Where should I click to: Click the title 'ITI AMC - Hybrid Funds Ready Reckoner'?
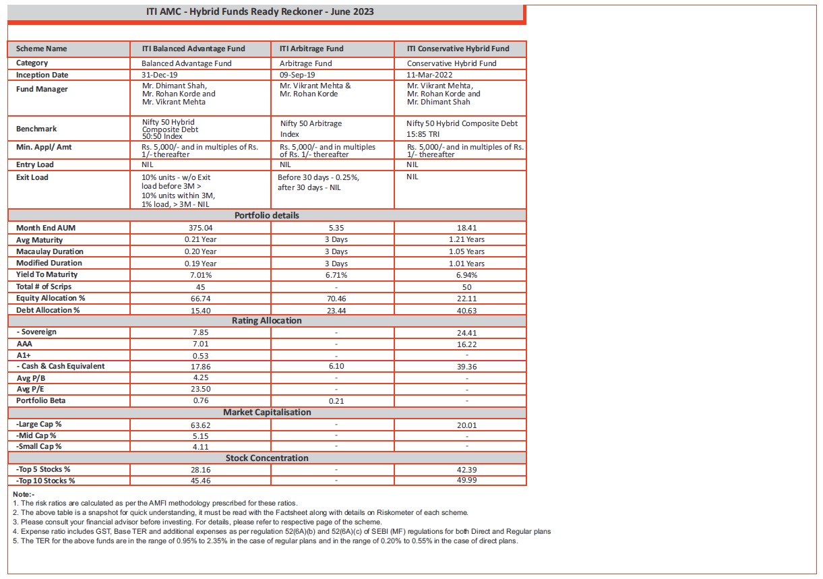click(260, 11)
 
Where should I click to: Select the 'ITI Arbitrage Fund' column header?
click(311, 49)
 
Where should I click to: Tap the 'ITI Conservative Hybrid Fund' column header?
click(458, 49)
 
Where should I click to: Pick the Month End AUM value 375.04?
click(200, 228)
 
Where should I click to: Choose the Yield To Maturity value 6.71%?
click(336, 275)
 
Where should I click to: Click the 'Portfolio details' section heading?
click(267, 216)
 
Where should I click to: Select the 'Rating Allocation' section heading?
click(267, 321)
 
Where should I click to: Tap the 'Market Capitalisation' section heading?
click(267, 412)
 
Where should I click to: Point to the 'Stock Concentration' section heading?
click(267, 458)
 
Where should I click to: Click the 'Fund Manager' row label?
click(42, 90)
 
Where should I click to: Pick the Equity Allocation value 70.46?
click(336, 299)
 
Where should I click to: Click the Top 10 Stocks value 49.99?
click(466, 481)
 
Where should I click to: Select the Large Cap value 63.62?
click(200, 425)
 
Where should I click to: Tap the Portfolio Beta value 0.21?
click(336, 401)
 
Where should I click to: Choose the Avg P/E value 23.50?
click(200, 389)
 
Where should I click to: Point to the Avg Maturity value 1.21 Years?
click(466, 239)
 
